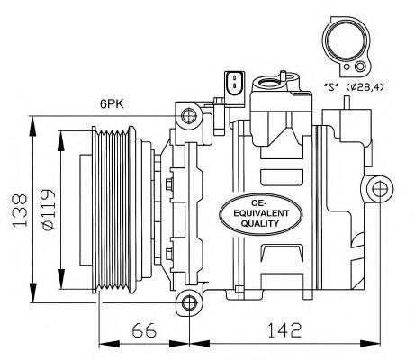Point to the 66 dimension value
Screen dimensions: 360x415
[143, 330]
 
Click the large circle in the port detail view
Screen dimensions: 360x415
[343, 42]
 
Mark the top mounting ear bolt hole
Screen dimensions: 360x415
[187, 115]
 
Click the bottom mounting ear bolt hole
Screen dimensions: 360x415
[187, 302]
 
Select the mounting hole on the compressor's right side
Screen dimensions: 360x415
[378, 188]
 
